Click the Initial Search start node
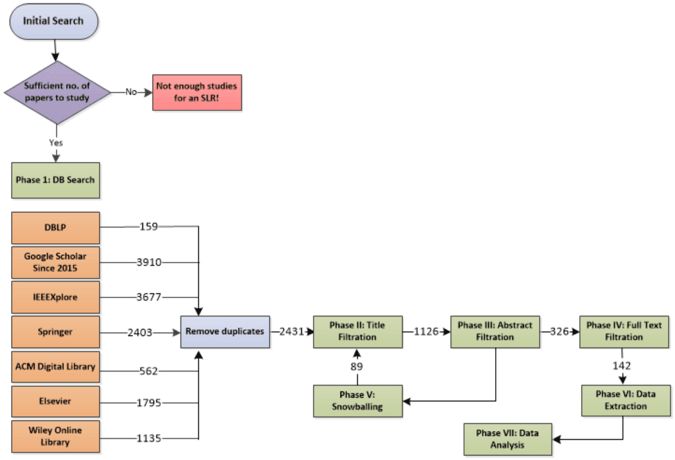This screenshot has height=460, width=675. (x=53, y=21)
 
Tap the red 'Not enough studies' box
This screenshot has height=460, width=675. (x=196, y=92)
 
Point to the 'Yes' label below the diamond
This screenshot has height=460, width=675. (x=56, y=142)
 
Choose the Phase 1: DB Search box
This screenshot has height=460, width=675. (x=56, y=180)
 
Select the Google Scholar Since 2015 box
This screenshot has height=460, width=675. (x=56, y=262)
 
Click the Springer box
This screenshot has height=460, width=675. (x=56, y=332)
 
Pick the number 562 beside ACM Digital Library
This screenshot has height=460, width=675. (x=149, y=371)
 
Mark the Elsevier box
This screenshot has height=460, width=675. (x=56, y=401)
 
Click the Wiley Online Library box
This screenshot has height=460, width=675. (x=56, y=436)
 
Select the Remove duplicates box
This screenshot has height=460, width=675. (x=225, y=331)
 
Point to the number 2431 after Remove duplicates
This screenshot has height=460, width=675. (x=291, y=331)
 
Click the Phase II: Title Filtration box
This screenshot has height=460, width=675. (x=357, y=331)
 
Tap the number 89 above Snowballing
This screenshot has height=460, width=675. (x=357, y=366)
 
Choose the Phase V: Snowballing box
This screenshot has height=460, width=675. (x=357, y=400)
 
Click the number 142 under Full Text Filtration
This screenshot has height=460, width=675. (x=622, y=366)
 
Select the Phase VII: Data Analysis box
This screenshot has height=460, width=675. (x=507, y=439)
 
